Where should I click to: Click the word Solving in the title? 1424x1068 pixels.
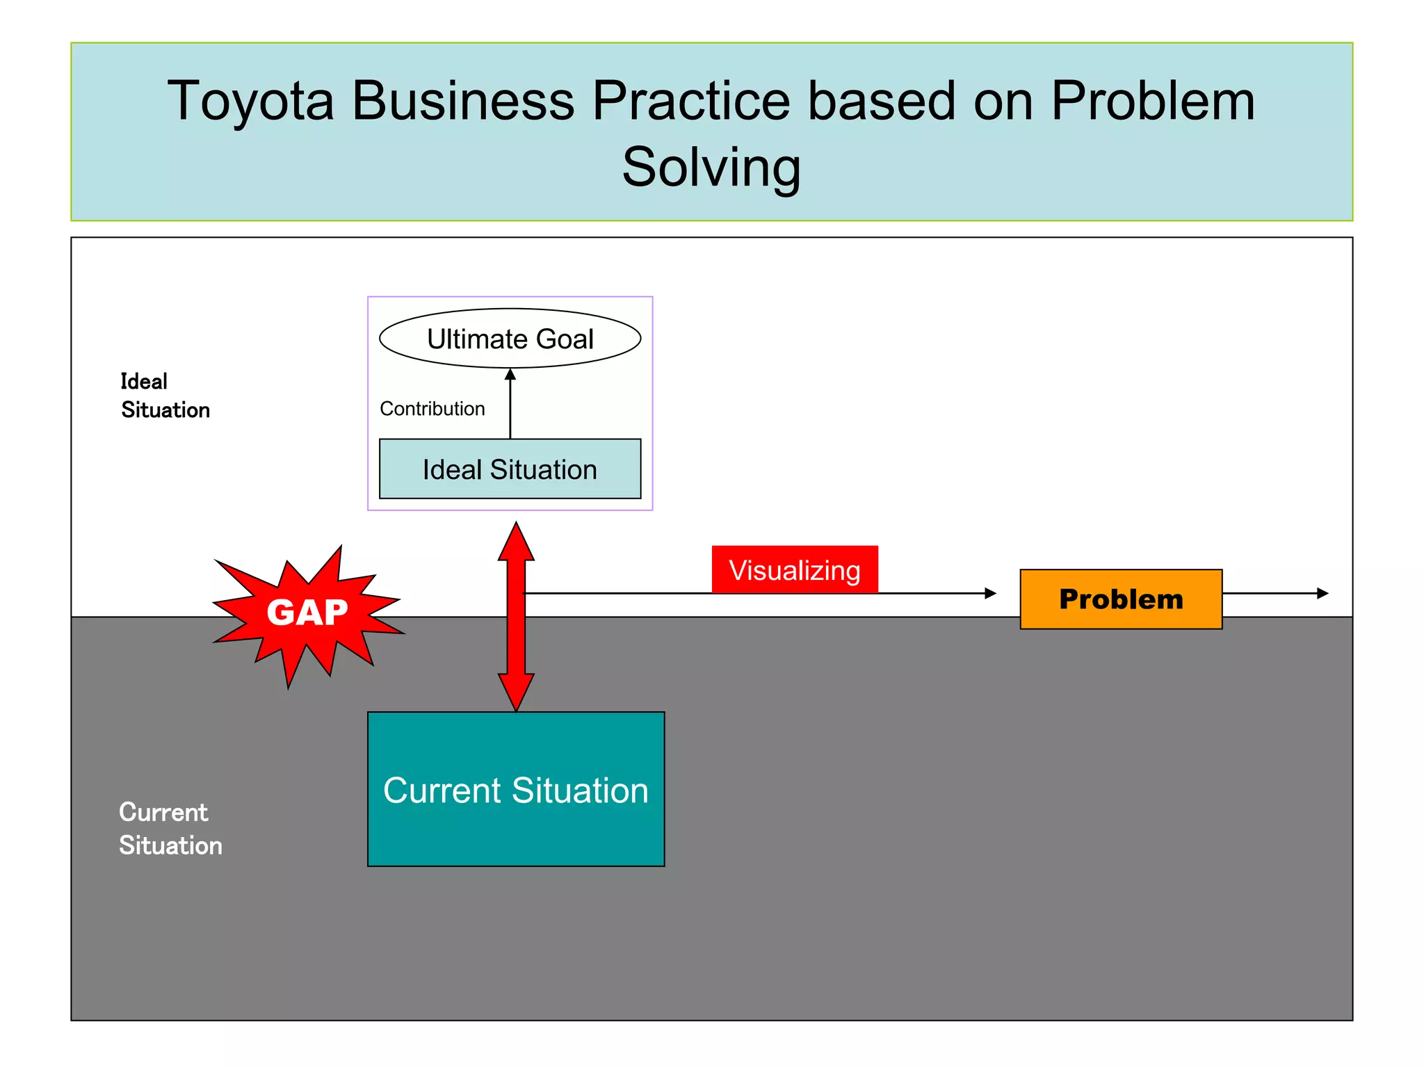(x=711, y=168)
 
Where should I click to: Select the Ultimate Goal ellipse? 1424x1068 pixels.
(x=510, y=339)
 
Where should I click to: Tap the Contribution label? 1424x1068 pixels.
(x=432, y=409)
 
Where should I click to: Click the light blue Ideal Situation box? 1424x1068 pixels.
(x=510, y=469)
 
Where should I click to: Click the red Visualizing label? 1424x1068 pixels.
(x=794, y=570)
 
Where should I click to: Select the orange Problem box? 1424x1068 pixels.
(x=1120, y=599)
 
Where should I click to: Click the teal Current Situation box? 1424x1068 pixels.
(x=515, y=789)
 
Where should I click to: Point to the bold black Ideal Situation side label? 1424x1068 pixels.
(x=165, y=396)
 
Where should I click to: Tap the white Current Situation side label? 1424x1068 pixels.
(x=170, y=829)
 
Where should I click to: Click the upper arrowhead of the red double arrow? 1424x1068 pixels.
(x=516, y=542)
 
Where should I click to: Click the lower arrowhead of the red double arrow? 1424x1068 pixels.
(x=516, y=692)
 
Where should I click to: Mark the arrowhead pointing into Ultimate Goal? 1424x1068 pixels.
(x=510, y=374)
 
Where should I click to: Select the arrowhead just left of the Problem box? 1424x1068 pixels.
(x=990, y=593)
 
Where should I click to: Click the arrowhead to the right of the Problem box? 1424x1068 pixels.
(x=1322, y=593)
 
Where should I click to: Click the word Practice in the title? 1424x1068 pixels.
(x=690, y=101)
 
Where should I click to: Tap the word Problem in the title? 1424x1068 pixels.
(x=1152, y=101)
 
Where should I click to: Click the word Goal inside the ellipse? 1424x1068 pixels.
(x=565, y=339)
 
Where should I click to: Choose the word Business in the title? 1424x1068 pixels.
(x=463, y=101)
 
